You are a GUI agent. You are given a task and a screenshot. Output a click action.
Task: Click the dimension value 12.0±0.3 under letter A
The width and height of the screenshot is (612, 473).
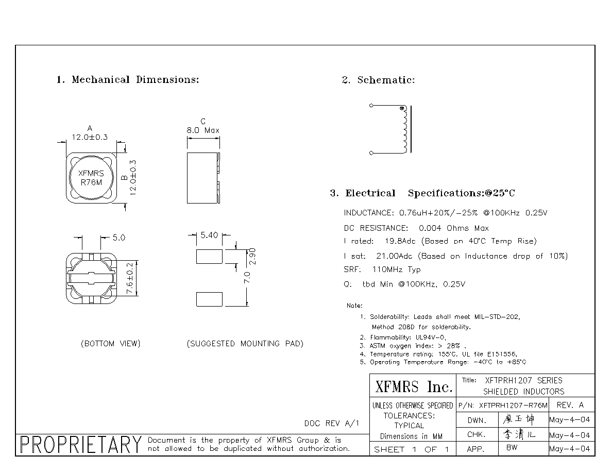tap(90, 137)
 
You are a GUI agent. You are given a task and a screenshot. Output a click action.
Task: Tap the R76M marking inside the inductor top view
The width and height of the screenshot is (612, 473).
tap(91, 182)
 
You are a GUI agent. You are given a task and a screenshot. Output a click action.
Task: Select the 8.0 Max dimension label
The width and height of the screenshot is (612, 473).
tap(203, 130)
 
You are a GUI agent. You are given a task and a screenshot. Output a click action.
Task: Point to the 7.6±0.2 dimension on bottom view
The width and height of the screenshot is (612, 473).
tap(130, 278)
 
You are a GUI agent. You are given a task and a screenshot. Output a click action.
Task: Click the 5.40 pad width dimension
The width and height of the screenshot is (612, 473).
tap(209, 235)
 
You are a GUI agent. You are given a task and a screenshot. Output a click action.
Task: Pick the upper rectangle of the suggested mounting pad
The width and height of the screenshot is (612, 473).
tap(209, 257)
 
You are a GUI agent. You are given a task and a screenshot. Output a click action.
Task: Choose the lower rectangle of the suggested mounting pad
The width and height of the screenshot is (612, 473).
tap(209, 299)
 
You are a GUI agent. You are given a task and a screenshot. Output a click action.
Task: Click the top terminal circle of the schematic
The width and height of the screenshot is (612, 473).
tap(371, 106)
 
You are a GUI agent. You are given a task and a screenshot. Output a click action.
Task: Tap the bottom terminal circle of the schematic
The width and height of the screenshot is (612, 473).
tap(371, 153)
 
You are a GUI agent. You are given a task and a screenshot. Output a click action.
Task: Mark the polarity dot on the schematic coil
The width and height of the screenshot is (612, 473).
tap(402, 109)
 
